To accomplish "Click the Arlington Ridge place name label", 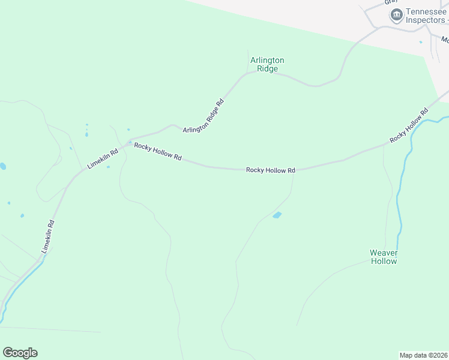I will [267, 64].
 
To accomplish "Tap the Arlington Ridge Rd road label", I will [203, 116].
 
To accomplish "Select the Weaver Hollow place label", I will [384, 257].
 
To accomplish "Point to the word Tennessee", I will [427, 11].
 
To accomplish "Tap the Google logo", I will [20, 353].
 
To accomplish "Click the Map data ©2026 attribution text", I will [423, 355].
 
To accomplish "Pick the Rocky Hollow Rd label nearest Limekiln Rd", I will [157, 152].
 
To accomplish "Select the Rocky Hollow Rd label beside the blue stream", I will [409, 125].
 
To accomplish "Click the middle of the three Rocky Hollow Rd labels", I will [271, 170].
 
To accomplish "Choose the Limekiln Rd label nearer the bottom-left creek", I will [48, 235].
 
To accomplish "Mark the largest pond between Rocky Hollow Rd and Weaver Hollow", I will [277, 215].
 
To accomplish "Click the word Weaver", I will [384, 253].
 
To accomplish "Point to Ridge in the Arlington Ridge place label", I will [267, 68].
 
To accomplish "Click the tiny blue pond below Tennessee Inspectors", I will [420, 42].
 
